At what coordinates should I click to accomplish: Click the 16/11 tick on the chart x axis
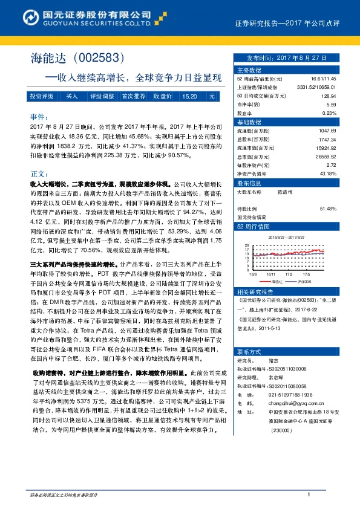(270, 274)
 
